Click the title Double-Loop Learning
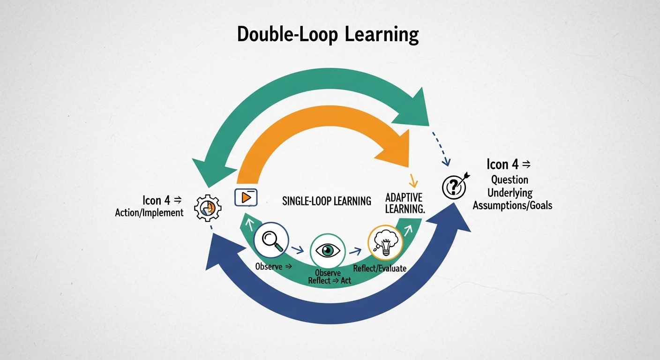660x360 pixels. coord(328,35)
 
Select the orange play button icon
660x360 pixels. coord(246,197)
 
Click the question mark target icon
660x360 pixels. coord(454,187)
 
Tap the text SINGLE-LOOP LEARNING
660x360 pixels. coord(327,201)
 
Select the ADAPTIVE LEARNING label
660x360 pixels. coord(405,202)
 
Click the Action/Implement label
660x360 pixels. coord(149,213)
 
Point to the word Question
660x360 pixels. coord(510,180)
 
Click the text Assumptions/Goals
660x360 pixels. coord(512,205)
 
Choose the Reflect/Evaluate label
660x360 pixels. coord(380,269)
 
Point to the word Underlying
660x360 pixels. coord(510,193)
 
